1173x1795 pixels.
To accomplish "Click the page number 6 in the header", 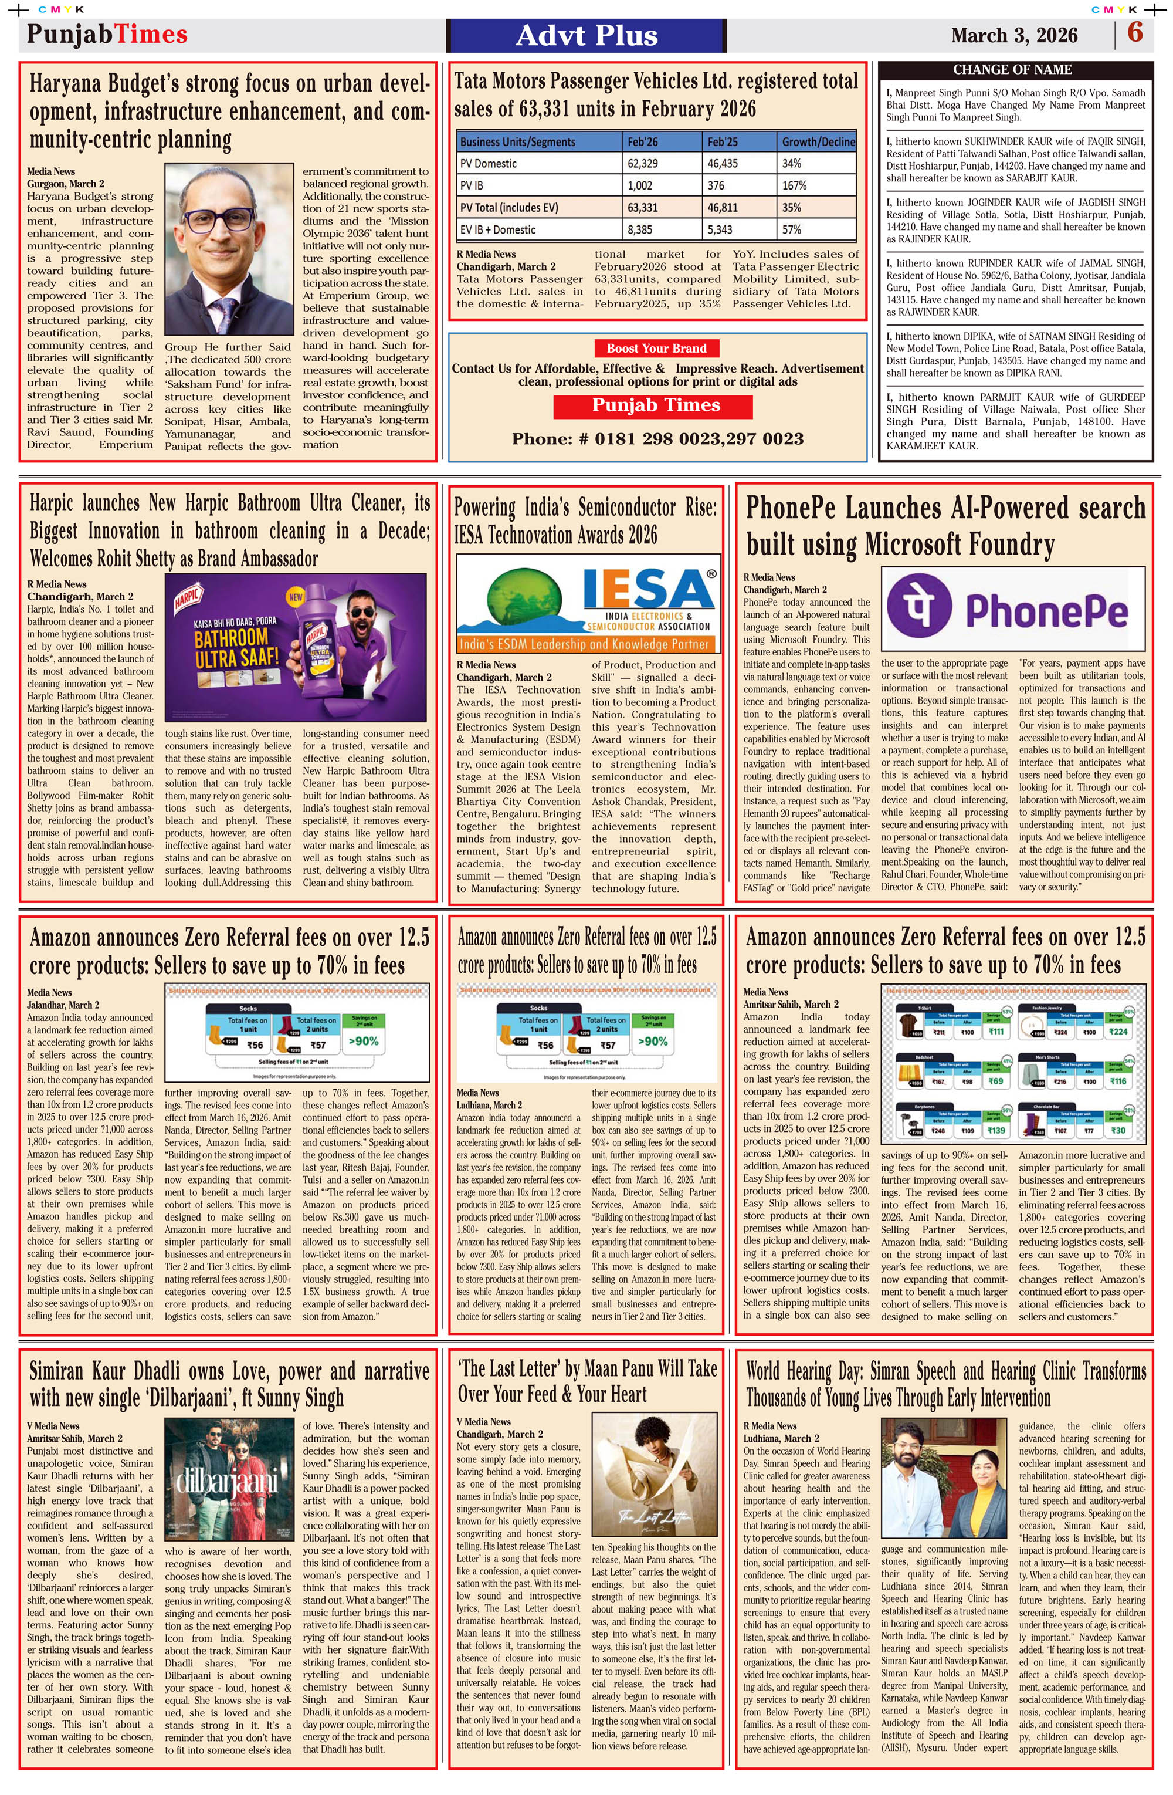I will pos(1134,33).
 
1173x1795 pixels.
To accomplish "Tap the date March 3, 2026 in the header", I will pos(1014,35).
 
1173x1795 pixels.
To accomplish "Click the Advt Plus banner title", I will pos(586,35).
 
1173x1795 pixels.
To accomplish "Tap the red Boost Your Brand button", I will pos(657,349).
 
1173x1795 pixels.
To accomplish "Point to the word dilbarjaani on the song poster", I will pos(226,1483).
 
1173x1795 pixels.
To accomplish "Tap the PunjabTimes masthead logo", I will pos(107,34).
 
